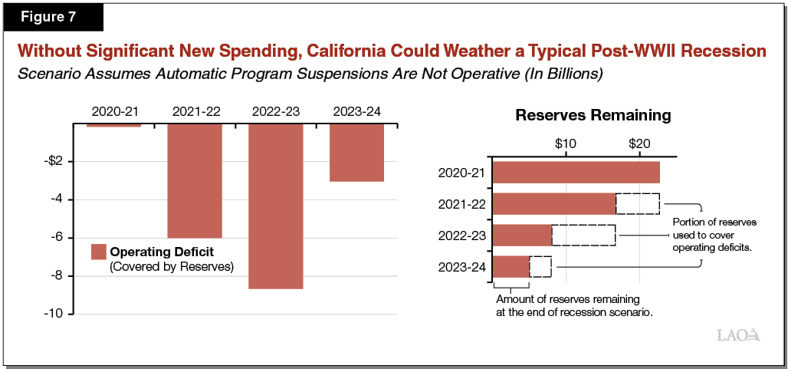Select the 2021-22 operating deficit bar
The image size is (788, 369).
(195, 180)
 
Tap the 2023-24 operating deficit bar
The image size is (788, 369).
(356, 152)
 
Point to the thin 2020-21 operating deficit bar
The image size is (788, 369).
(114, 124)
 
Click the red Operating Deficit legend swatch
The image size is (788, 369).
(98, 252)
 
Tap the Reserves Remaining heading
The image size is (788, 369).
(593, 116)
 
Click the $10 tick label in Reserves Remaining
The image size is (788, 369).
(565, 144)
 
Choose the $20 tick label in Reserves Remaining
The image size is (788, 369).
(639, 144)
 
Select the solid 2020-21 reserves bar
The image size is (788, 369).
(576, 173)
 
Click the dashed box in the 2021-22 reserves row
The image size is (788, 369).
(637, 204)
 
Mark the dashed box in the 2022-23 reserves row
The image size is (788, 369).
(583, 235)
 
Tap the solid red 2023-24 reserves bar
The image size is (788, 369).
(511, 266)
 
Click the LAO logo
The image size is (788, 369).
(737, 335)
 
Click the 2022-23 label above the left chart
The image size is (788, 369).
(275, 112)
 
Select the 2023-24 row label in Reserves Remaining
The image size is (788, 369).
(461, 267)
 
